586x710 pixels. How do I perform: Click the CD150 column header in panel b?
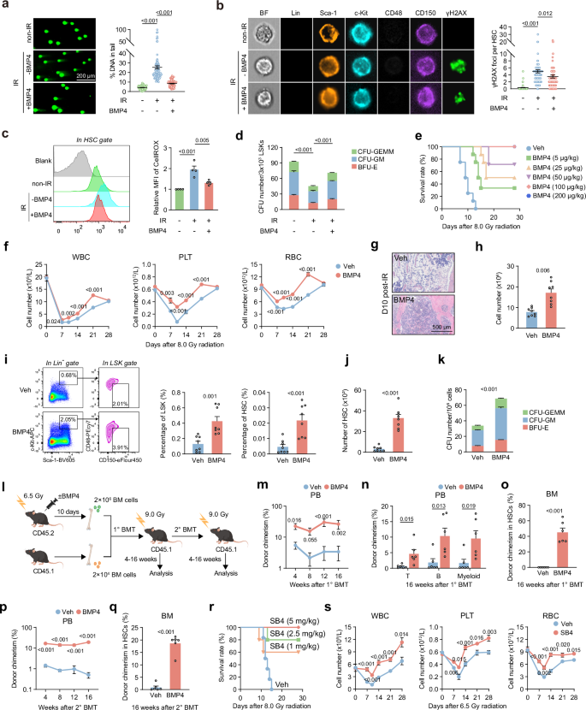pos(419,15)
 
